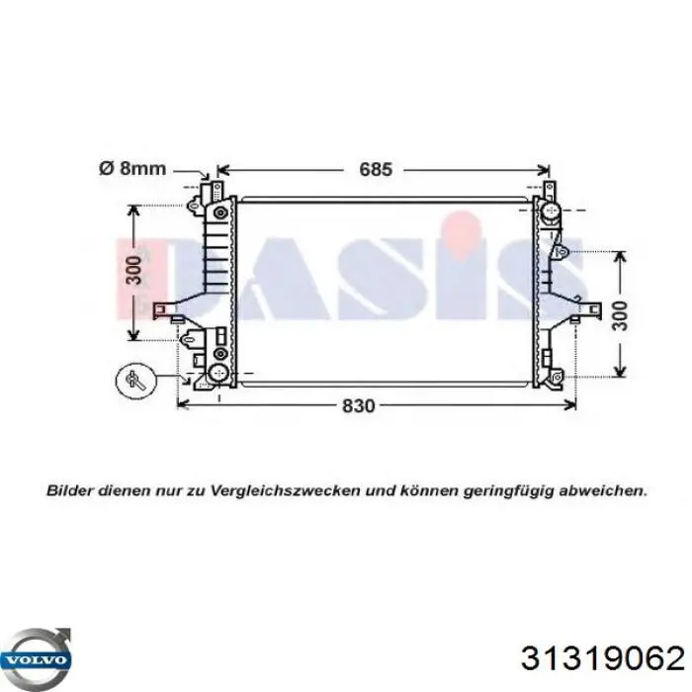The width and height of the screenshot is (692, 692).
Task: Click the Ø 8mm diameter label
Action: [132, 168]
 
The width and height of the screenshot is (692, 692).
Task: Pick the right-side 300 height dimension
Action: [619, 313]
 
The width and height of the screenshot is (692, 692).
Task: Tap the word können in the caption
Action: [427, 489]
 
